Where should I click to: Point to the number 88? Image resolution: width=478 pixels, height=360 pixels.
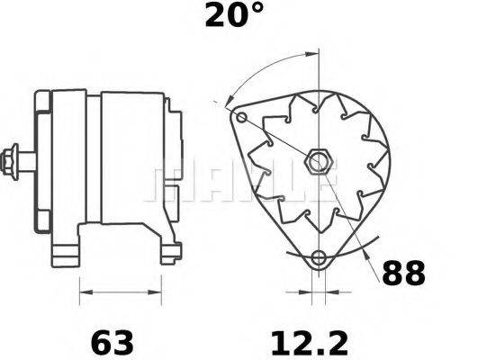[x=401, y=273]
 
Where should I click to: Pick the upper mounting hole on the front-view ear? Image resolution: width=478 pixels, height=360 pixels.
[x=239, y=117]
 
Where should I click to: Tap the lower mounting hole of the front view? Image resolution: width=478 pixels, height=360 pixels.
[x=316, y=259]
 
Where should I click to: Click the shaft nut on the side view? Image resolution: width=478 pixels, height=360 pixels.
[x=14, y=161]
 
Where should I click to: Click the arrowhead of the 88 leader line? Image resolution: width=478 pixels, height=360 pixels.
[x=366, y=256]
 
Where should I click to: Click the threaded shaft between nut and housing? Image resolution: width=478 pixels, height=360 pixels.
[x=27, y=162]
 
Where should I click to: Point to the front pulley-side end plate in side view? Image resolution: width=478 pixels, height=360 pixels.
[x=42, y=162]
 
